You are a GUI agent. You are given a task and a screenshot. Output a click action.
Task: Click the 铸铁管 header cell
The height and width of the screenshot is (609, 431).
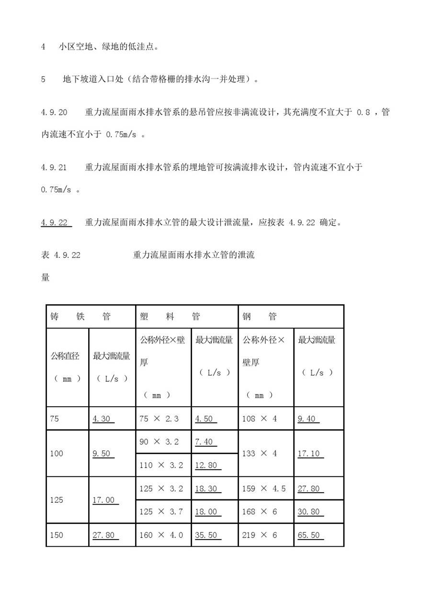[80, 316]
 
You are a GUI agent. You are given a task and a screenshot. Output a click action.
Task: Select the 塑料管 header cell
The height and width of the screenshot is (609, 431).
[170, 316]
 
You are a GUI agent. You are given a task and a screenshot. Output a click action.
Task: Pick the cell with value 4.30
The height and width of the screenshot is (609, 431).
[102, 419]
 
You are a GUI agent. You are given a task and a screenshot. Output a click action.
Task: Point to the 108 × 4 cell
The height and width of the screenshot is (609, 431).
[260, 419]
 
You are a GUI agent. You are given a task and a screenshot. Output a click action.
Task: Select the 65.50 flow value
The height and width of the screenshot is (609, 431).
[309, 535]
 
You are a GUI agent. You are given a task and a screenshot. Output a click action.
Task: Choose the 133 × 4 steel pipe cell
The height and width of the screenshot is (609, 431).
[260, 453]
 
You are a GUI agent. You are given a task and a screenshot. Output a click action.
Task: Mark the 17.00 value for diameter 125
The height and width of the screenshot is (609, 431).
[104, 499]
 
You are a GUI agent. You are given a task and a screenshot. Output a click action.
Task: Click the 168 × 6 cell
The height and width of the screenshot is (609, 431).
[260, 511]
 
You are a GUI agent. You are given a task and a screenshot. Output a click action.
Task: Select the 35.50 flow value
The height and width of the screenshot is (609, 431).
[206, 535]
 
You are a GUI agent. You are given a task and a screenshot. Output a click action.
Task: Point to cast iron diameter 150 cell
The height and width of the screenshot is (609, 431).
[56, 535]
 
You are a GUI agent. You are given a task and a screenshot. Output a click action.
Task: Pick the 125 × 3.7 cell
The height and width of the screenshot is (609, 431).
[161, 511]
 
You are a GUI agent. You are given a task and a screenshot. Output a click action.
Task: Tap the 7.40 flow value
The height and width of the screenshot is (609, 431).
[204, 442]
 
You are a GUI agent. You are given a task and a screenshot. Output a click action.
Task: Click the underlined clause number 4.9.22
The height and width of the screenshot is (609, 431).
[55, 222]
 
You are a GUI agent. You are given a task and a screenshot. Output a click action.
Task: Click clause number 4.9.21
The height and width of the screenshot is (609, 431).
[54, 167]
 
